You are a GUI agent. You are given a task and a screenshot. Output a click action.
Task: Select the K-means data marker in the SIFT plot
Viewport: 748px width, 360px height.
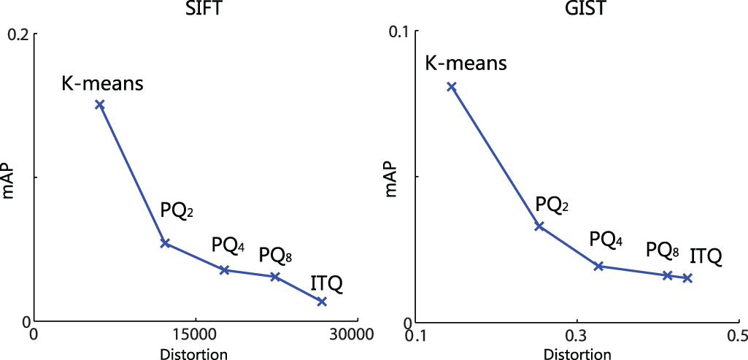[100, 104]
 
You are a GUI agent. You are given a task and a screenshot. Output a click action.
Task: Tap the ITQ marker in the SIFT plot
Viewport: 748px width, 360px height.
[322, 301]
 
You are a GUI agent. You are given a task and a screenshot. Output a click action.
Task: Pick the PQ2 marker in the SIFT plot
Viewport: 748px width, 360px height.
[165, 242]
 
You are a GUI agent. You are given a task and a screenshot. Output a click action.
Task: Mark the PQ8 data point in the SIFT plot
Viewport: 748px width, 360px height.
[275, 277]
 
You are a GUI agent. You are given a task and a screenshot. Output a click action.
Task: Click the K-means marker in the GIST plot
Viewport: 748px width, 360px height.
[452, 86]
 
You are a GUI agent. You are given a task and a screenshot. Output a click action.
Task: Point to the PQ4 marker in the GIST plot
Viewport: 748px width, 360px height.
[598, 266]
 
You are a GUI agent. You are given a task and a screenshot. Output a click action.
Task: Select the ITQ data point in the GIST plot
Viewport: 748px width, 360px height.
[687, 278]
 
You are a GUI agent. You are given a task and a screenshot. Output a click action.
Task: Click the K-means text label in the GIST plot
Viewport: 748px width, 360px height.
[465, 63]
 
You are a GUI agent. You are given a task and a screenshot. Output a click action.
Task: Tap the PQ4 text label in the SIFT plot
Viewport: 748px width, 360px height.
[229, 245]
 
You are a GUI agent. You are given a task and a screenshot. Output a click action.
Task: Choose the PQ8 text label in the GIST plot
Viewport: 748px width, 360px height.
[663, 250]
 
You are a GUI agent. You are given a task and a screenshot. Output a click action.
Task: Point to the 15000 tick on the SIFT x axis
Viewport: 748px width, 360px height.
[195, 334]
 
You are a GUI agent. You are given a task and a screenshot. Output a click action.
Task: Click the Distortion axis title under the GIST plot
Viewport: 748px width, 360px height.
[577, 353]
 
